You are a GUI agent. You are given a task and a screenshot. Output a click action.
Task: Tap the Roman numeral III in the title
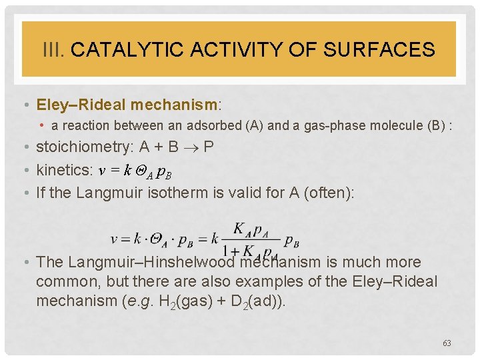click(x=53, y=49)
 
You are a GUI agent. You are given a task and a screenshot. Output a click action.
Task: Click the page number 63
click(x=447, y=343)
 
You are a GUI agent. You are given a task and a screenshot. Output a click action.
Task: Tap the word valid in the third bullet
click(x=269, y=193)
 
